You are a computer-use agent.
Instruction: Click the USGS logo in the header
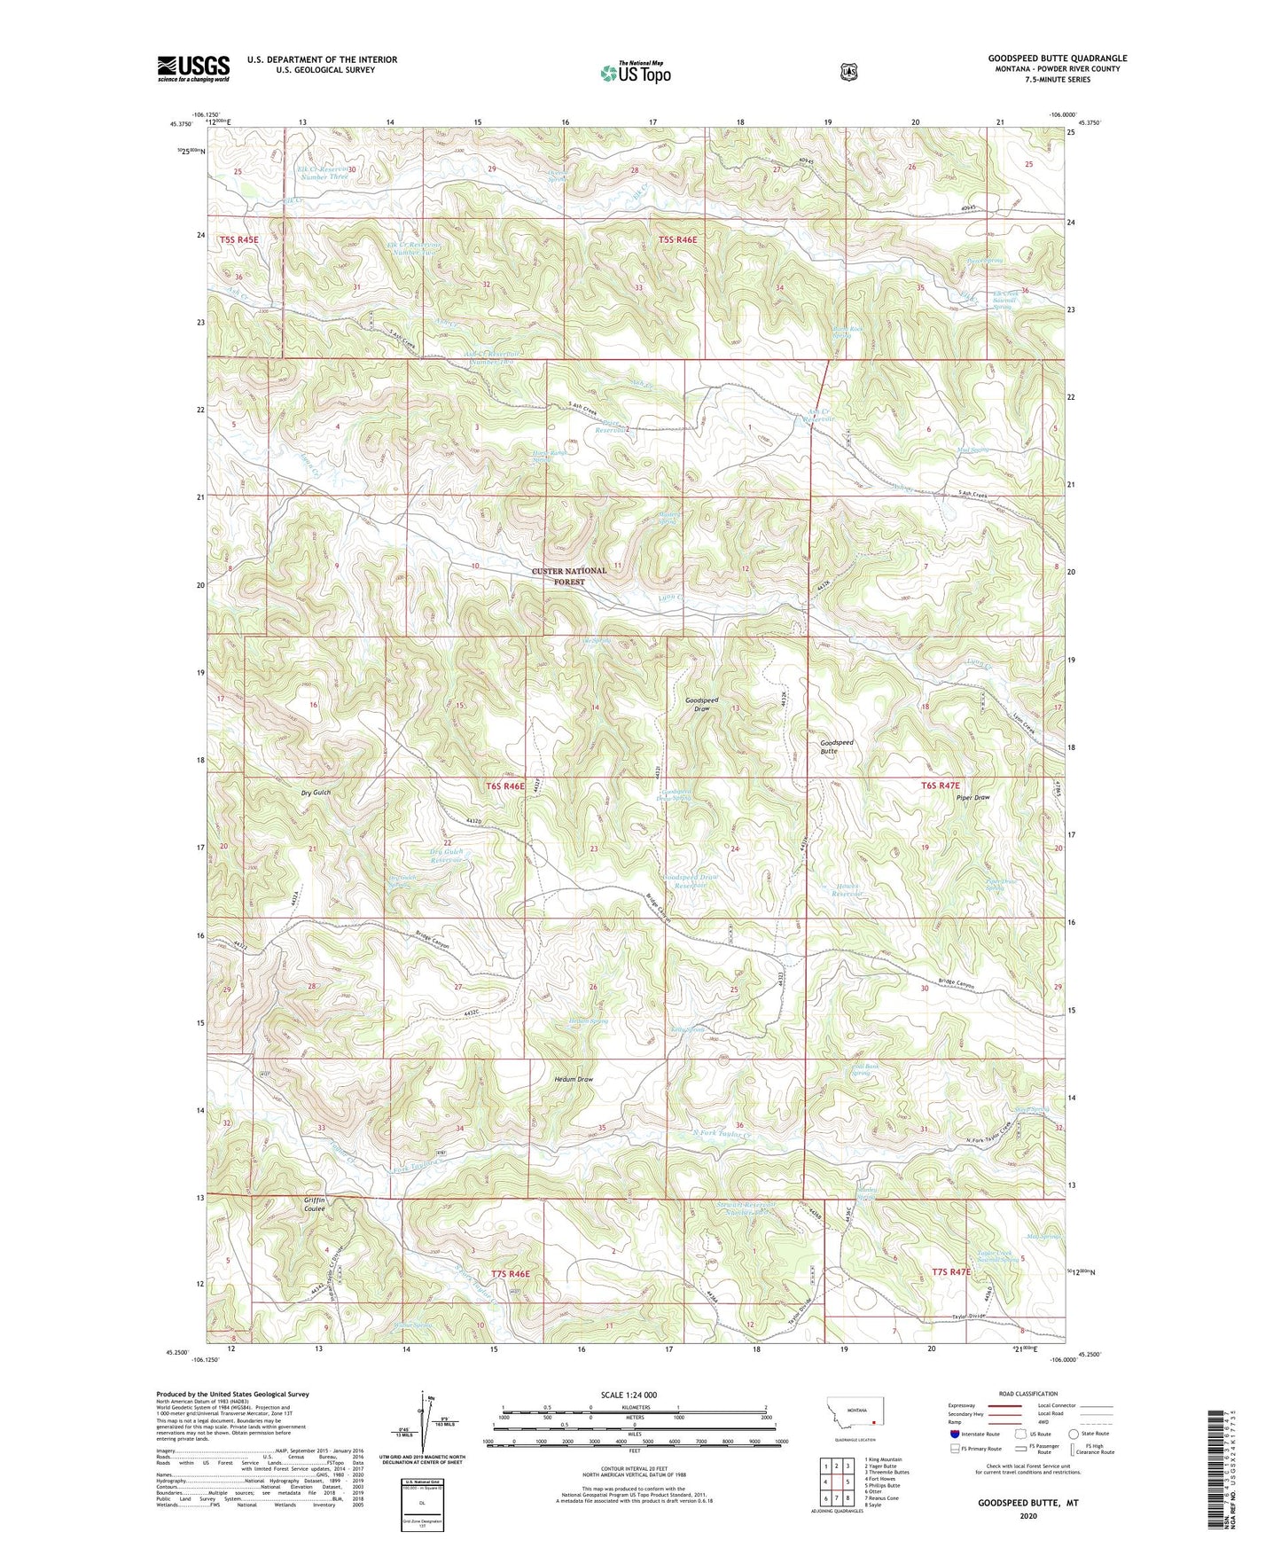tap(193, 68)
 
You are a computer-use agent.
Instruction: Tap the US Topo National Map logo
tap(634, 73)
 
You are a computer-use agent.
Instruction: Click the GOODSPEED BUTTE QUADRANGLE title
tap(1057, 59)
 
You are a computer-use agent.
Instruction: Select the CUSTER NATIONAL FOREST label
tap(568, 576)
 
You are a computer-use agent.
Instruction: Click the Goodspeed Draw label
tap(701, 705)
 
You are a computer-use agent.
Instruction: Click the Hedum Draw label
tap(573, 1079)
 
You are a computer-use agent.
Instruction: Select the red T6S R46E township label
tap(505, 786)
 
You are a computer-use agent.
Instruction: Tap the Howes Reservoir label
tap(847, 890)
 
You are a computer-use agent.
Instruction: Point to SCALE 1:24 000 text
tap(629, 1395)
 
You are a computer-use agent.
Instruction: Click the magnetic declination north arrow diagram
tap(421, 1427)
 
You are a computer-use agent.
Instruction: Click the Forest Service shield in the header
tap(848, 72)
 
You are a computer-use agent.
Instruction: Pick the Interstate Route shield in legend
tap(953, 1433)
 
